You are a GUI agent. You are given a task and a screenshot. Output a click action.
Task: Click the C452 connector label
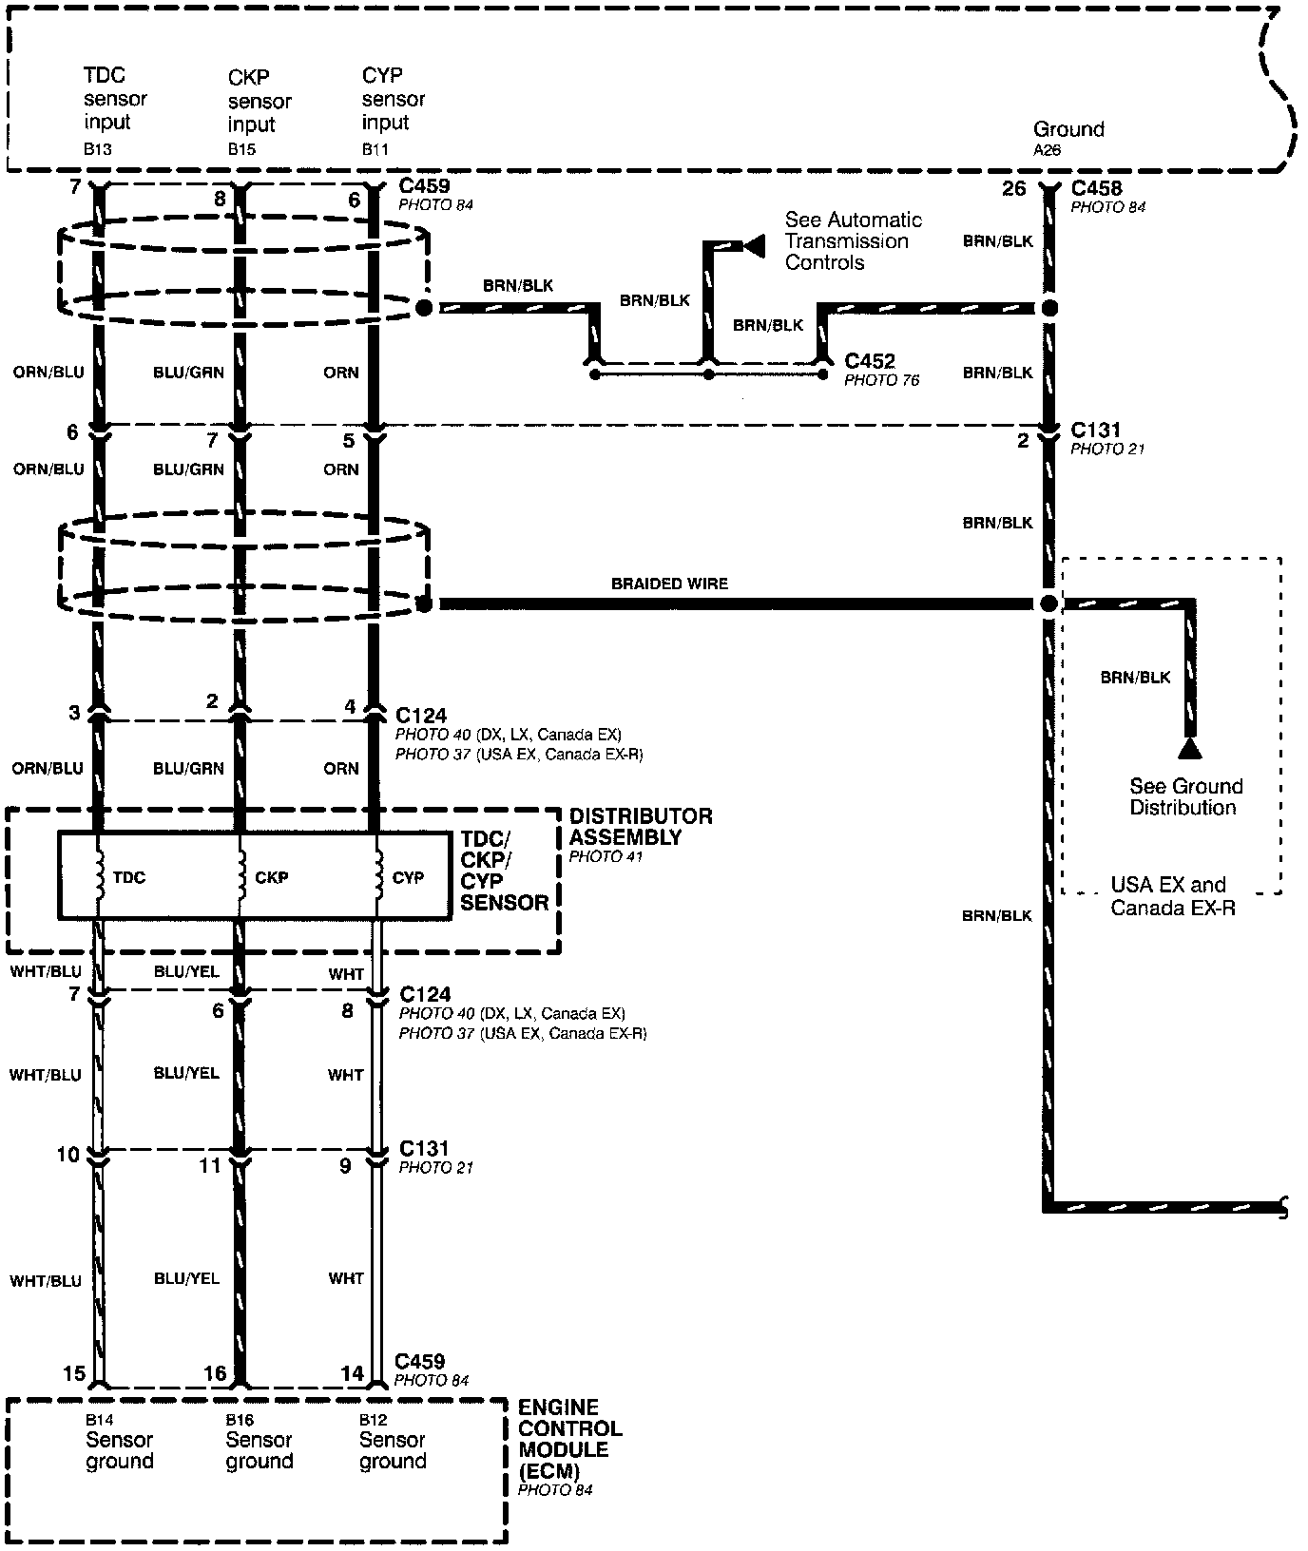(870, 361)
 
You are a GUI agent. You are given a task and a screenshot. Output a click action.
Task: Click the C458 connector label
(1096, 188)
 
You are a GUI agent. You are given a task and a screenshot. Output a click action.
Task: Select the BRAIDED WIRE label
(669, 584)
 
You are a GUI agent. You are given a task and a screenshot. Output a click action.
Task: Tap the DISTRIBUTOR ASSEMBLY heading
(641, 827)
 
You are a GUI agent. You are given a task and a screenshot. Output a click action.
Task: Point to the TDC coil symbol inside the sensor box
(99, 876)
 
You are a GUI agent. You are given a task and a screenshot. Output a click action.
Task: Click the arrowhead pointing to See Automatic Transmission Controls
(754, 247)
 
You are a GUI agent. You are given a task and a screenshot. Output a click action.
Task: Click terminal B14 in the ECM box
(98, 1420)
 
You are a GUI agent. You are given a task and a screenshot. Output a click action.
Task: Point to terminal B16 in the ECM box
(240, 1420)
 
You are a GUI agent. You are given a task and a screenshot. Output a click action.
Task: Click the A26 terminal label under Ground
(1047, 150)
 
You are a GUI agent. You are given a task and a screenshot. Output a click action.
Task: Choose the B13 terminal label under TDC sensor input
(97, 149)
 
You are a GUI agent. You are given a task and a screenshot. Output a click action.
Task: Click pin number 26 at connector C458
(1014, 188)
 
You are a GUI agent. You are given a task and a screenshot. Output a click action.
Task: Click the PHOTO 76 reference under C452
(881, 380)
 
